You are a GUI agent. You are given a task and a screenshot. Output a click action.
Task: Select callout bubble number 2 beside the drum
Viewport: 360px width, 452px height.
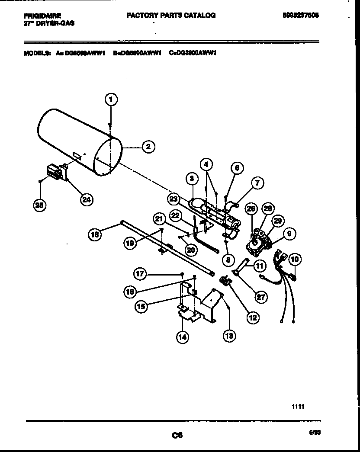pos(148,147)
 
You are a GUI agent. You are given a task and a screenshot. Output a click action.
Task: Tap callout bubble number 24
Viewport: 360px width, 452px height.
pos(87,199)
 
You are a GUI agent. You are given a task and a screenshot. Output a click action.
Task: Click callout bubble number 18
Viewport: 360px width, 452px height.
pos(95,234)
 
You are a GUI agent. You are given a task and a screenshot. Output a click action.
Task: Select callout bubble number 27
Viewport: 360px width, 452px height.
pos(261,296)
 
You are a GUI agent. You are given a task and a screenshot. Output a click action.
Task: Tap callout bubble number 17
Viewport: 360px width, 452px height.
pos(140,273)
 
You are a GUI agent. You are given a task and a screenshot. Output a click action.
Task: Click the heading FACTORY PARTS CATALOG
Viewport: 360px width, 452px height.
pos(171,15)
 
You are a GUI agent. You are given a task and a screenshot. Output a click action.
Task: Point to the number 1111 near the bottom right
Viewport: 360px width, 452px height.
pos(298,407)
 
